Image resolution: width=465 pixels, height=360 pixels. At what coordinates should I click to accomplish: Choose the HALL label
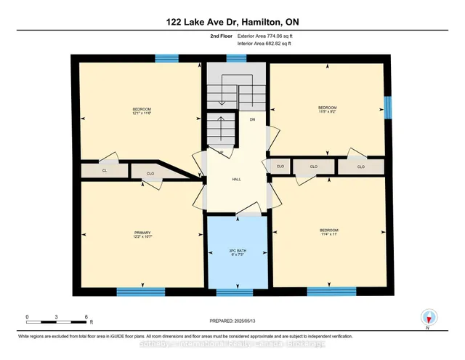tap(236, 179)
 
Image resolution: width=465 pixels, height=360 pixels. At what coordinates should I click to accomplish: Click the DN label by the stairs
tap(253, 119)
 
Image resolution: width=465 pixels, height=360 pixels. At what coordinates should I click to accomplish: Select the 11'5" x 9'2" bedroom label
tap(326, 111)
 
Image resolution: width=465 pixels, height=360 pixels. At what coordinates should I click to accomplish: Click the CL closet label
tap(105, 170)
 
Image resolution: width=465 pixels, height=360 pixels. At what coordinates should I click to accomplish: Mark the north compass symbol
tap(429, 317)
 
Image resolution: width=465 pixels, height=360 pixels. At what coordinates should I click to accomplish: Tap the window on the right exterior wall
tap(387, 108)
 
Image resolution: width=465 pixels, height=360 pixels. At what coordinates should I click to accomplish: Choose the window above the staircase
tap(236, 58)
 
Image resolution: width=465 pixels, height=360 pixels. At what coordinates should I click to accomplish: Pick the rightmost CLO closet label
tap(360, 167)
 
